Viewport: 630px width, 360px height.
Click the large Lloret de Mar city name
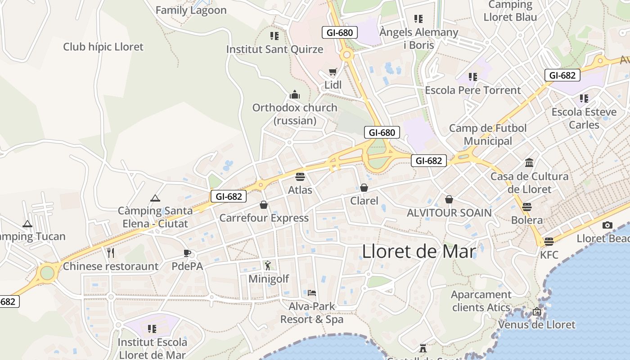[x=418, y=251]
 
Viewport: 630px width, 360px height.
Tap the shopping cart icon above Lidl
[x=333, y=72]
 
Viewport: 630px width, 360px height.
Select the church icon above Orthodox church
[x=295, y=94]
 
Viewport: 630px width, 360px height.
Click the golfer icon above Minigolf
[x=268, y=265]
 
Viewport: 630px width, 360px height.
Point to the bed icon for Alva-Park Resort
[x=312, y=293]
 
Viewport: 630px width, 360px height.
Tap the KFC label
[x=549, y=255]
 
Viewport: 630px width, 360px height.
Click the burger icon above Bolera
[x=527, y=207]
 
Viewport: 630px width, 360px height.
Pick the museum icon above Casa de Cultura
[x=529, y=163]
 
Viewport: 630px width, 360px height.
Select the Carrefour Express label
[x=264, y=218]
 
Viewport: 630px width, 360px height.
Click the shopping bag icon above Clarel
[x=364, y=188]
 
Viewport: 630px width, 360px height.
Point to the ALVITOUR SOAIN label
[x=449, y=212]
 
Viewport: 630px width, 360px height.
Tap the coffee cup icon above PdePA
[x=187, y=253]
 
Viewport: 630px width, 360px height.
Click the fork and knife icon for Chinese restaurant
[x=111, y=253]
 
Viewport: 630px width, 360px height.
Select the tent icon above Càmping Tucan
[x=27, y=224]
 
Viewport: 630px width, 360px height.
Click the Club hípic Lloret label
[x=103, y=47]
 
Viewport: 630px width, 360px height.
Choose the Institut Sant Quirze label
[x=274, y=49]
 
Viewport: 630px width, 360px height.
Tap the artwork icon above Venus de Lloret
[x=536, y=311]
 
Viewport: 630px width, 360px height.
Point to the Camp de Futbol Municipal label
[x=488, y=135]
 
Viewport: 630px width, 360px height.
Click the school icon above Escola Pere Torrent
[x=472, y=77]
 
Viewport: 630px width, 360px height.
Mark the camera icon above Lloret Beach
[x=607, y=225]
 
